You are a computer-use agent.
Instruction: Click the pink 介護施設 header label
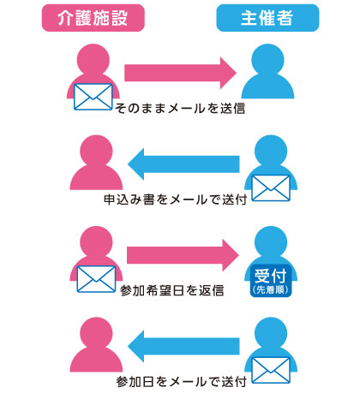(93, 18)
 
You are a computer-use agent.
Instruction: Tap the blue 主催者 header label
(267, 18)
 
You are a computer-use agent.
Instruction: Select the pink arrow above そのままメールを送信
(180, 73)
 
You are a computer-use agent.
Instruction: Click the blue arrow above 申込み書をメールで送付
(183, 164)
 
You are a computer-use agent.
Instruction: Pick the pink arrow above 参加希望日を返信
(183, 255)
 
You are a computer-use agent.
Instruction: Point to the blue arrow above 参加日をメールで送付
(183, 346)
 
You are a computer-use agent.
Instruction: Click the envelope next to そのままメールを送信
(93, 97)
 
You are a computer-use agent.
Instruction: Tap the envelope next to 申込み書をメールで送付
(271, 188)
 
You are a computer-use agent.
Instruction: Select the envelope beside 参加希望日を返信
(96, 279)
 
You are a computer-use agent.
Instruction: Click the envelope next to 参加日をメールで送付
(271, 370)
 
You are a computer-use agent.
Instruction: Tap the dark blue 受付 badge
(271, 281)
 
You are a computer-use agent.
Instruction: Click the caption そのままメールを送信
(180, 108)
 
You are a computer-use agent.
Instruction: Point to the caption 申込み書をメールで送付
(176, 199)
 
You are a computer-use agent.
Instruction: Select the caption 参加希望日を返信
(171, 290)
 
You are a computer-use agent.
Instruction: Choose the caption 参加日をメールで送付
(182, 381)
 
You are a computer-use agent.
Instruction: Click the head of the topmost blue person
(267, 60)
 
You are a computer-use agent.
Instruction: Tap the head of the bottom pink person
(96, 333)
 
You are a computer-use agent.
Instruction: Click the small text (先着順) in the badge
(271, 289)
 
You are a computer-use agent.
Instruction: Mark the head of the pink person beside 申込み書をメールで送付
(96, 152)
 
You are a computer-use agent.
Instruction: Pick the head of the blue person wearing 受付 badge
(271, 242)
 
